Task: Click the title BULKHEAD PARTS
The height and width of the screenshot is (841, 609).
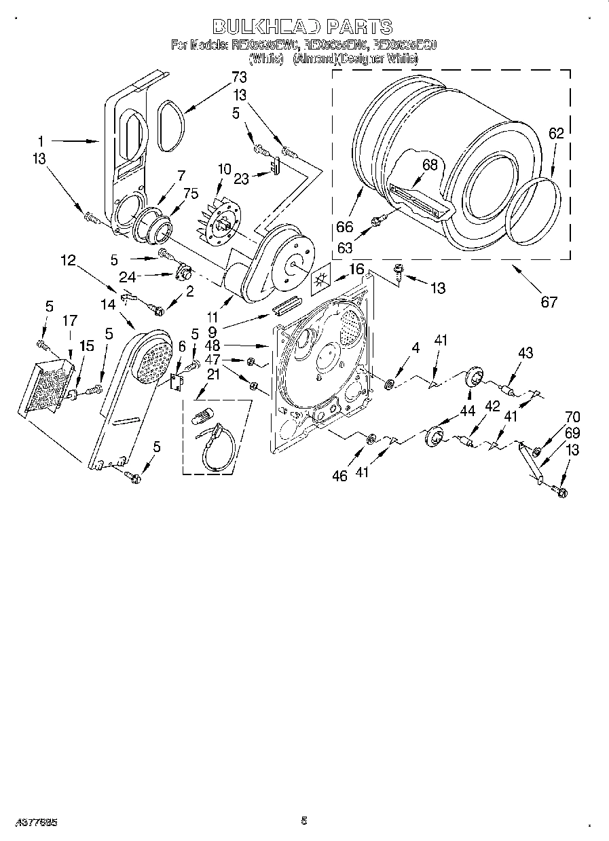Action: [303, 26]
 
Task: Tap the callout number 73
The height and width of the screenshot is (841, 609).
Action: [239, 77]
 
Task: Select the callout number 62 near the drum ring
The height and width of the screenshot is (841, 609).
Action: [556, 134]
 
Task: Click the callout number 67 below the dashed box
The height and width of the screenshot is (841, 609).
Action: [549, 302]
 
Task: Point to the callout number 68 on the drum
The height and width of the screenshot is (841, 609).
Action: [430, 164]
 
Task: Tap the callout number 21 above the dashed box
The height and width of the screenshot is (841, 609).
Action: [213, 374]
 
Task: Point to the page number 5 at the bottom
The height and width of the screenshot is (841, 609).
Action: [303, 821]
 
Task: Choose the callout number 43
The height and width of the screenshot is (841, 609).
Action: [525, 353]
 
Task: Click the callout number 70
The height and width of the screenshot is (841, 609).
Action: [573, 418]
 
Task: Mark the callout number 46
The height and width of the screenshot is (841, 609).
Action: [339, 476]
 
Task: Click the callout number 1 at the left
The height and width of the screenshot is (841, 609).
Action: [41, 142]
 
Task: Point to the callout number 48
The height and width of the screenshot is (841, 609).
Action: [212, 345]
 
